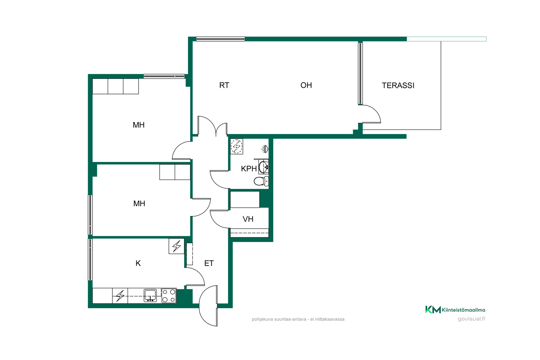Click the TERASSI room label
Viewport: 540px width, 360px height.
tap(398, 85)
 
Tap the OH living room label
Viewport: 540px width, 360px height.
tap(306, 85)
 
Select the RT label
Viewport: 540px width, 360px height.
tap(224, 85)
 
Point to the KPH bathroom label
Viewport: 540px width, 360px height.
tap(249, 169)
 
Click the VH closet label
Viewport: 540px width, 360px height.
tap(248, 219)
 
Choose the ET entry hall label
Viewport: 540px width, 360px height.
tap(209, 263)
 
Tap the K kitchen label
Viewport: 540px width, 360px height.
tap(138, 263)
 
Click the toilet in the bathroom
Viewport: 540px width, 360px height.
tap(261, 181)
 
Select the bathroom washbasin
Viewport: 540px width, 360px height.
tap(264, 167)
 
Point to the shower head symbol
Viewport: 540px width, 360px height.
tap(265, 149)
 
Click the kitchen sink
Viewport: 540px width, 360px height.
tap(150, 296)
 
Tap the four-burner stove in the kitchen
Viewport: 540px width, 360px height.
tap(169, 296)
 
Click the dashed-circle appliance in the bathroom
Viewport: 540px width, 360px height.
tap(237, 146)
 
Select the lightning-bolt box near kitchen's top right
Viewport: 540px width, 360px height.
tap(176, 246)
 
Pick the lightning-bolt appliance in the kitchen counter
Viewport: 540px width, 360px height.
tap(120, 296)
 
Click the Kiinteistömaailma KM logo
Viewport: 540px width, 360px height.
tap(455, 310)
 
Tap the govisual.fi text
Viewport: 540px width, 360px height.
tap(471, 319)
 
